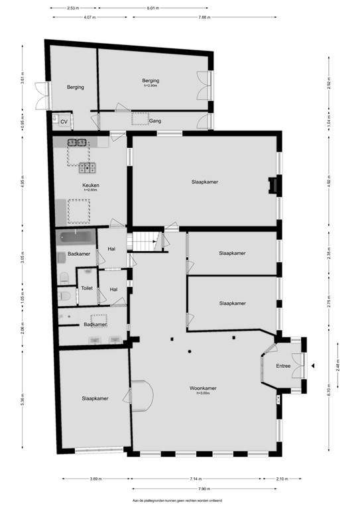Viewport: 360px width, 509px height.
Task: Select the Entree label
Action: [x=284, y=365]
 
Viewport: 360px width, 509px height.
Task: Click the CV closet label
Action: [x=64, y=122]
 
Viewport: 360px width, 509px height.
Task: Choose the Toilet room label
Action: [x=87, y=289]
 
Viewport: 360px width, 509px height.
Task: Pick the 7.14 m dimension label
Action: [x=194, y=479]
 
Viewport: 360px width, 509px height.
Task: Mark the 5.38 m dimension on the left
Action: [x=22, y=399]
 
